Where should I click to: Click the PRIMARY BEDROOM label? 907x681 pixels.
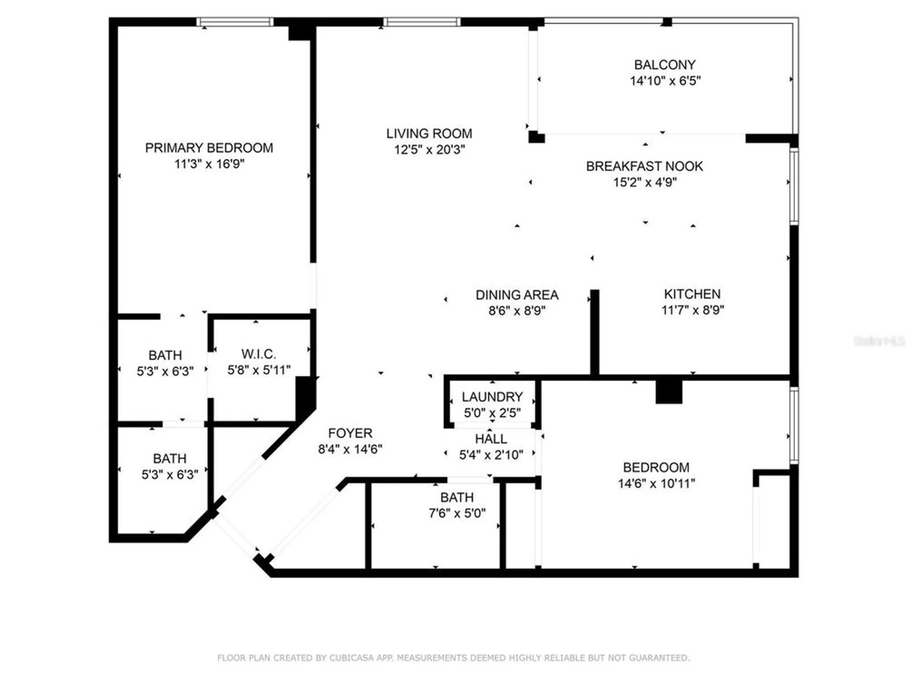pyautogui.click(x=209, y=148)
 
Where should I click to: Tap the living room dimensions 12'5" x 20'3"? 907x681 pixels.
pyautogui.click(x=429, y=149)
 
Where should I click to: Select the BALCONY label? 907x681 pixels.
pyautogui.click(x=664, y=65)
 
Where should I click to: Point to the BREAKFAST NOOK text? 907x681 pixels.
pyautogui.click(x=644, y=166)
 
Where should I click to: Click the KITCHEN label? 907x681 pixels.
pyautogui.click(x=692, y=294)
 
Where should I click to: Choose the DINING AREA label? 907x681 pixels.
pyautogui.click(x=517, y=295)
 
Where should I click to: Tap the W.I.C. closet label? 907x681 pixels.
pyautogui.click(x=258, y=354)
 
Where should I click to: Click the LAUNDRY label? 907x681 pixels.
pyautogui.click(x=492, y=397)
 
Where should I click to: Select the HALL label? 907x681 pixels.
pyautogui.click(x=491, y=439)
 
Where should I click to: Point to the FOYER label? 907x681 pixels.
pyautogui.click(x=350, y=433)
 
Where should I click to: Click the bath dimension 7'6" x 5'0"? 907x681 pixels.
pyautogui.click(x=457, y=513)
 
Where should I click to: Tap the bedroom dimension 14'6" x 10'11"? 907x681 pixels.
pyautogui.click(x=656, y=484)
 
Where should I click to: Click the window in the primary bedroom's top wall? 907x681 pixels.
pyautogui.click(x=235, y=22)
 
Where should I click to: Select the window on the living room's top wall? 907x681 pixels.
pyautogui.click(x=422, y=22)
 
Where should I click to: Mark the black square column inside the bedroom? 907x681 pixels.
pyautogui.click(x=668, y=391)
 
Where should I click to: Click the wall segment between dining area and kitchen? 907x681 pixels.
pyautogui.click(x=595, y=331)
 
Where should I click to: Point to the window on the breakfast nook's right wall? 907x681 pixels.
pyautogui.click(x=794, y=186)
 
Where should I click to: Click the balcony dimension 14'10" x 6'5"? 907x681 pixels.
pyautogui.click(x=665, y=81)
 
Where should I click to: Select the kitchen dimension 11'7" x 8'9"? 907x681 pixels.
pyautogui.click(x=692, y=310)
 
